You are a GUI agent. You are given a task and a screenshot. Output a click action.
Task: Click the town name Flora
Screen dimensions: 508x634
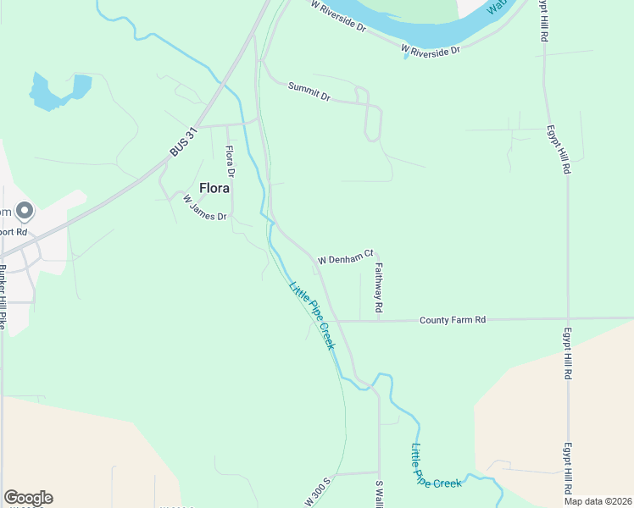(214, 188)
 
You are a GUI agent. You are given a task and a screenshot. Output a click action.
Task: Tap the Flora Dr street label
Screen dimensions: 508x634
(229, 161)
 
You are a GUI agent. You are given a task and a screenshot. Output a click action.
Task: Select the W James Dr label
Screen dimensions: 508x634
(205, 208)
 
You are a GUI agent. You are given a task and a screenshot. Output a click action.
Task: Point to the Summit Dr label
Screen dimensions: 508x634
(309, 91)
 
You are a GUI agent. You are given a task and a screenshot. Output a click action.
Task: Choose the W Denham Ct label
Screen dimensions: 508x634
(346, 256)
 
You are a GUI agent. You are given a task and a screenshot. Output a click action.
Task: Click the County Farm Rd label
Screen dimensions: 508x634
(453, 320)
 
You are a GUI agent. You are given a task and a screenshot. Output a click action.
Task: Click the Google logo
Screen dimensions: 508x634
(28, 498)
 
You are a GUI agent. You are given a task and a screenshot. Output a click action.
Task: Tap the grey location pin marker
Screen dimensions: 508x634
(25, 210)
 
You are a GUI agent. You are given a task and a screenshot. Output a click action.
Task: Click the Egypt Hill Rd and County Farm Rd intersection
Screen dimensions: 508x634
(566, 319)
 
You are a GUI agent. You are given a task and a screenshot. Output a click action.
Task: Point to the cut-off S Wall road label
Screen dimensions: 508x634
(380, 494)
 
